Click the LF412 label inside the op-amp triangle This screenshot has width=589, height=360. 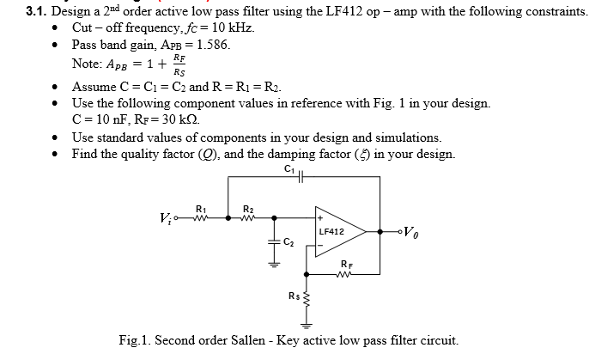(331, 232)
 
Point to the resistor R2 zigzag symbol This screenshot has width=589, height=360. (248, 217)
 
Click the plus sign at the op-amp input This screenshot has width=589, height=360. (319, 219)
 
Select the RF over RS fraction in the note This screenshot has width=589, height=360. (179, 64)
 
